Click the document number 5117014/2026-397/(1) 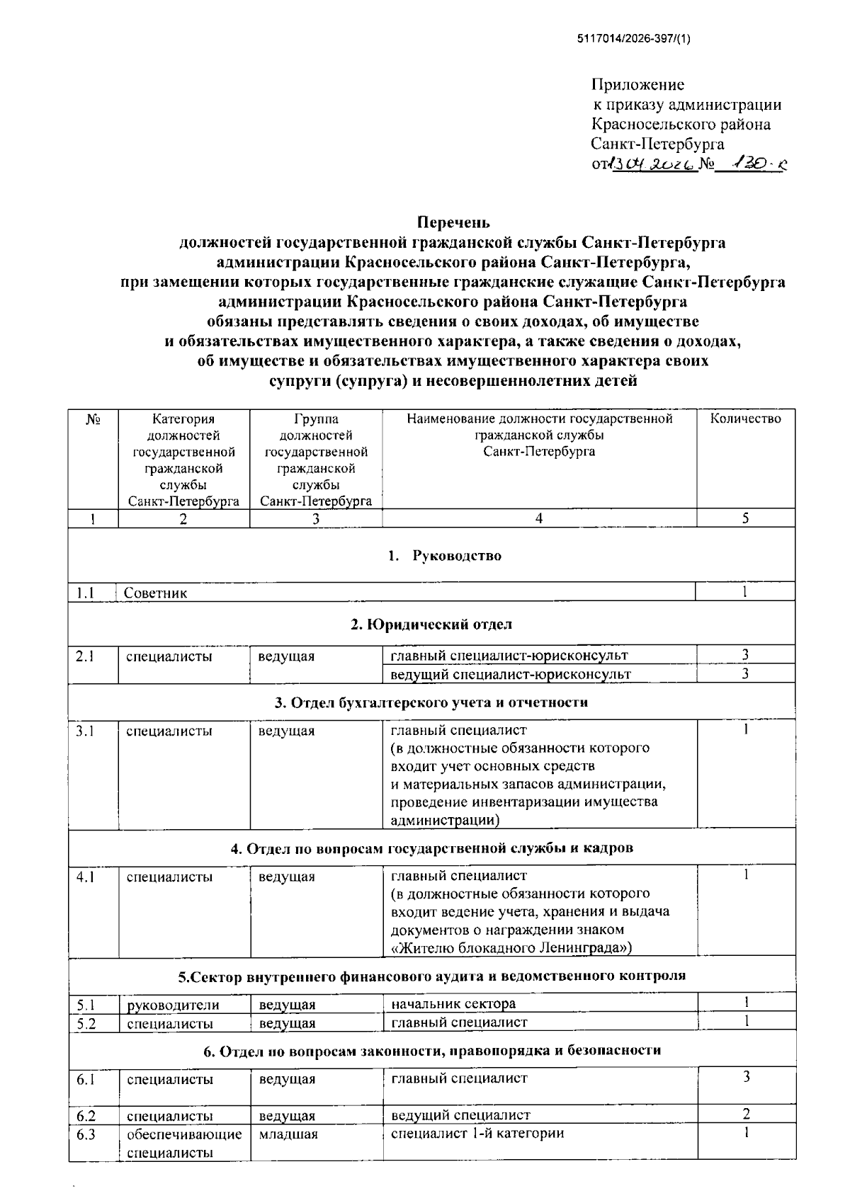(x=634, y=39)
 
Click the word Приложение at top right (x=637, y=85)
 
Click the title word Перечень (x=453, y=222)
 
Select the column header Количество (x=745, y=418)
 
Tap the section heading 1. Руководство (x=445, y=556)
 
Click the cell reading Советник (x=156, y=593)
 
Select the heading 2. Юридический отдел (x=431, y=624)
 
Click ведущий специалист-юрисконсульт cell (x=510, y=674)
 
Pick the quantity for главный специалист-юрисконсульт (x=745, y=655)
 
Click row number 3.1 (x=86, y=731)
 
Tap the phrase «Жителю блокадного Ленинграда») (x=511, y=947)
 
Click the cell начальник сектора (x=453, y=1003)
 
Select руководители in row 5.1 (x=173, y=1005)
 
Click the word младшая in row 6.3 (x=288, y=1134)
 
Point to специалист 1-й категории (x=477, y=1133)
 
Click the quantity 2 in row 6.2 (x=746, y=1114)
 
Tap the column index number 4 (x=539, y=518)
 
